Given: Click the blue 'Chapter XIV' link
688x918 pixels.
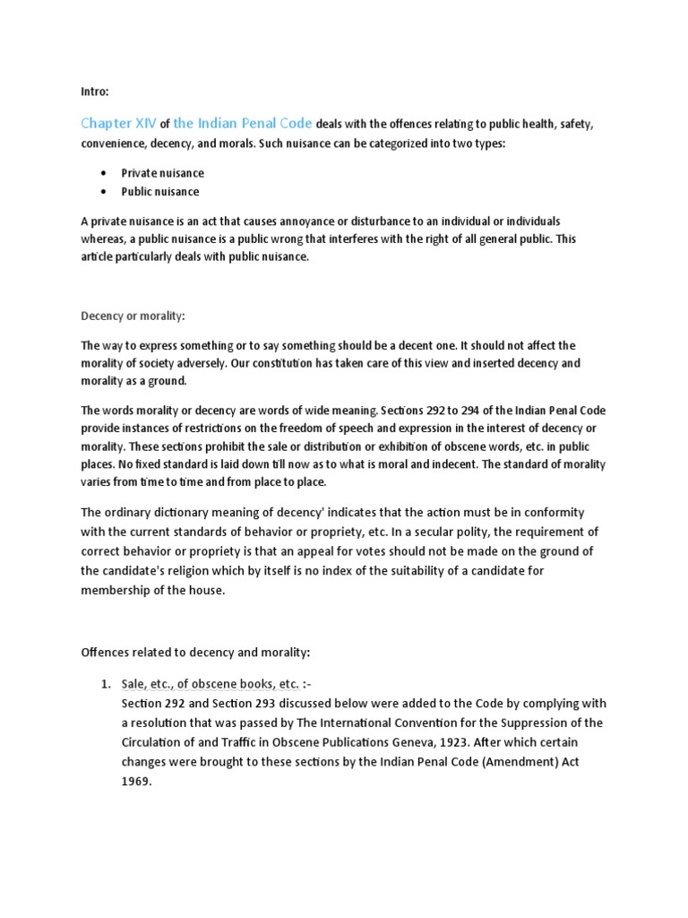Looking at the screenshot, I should point(118,124).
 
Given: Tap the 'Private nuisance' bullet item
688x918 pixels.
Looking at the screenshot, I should point(162,173).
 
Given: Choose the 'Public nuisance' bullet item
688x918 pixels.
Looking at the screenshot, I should point(160,192).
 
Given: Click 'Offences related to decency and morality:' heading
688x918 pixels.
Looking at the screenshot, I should point(194,652).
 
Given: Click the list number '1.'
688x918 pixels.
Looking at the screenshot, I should point(104,685).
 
